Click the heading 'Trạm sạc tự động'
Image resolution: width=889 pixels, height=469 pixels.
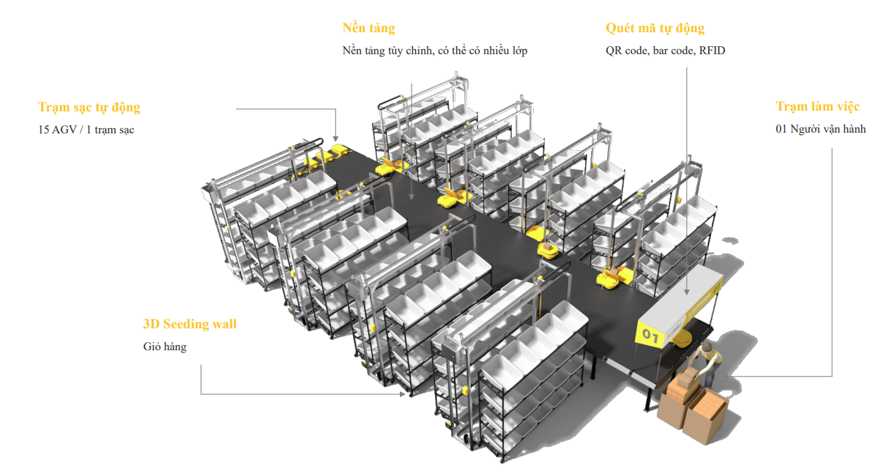coord(89,108)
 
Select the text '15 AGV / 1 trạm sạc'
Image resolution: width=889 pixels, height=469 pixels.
coord(86,130)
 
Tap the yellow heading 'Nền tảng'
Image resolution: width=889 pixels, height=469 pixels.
coord(368,29)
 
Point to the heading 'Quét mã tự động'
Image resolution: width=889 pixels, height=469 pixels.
coord(655,29)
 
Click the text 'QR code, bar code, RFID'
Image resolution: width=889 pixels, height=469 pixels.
coord(665,51)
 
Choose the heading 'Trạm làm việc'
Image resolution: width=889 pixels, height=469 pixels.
coord(817,107)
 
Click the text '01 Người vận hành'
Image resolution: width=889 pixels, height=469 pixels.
coord(820,129)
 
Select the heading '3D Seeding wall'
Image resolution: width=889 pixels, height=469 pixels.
coord(190,324)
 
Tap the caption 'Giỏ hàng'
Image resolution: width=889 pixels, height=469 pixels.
coord(165,347)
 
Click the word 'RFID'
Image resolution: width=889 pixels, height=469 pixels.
coord(712,51)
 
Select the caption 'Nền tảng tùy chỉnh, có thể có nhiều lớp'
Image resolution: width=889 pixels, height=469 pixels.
coord(434,51)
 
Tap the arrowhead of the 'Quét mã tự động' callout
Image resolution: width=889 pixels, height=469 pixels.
coord(687,292)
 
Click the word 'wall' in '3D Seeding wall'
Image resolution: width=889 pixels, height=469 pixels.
coord(223,324)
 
